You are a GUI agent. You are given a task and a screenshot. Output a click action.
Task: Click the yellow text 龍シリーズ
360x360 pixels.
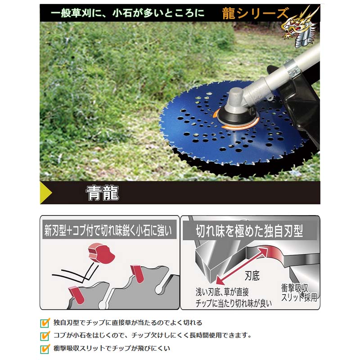click(x=255, y=13)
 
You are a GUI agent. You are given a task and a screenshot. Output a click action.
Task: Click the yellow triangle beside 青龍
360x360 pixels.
click(x=46, y=193)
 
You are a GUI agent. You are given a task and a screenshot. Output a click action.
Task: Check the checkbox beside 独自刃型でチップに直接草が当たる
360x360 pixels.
click(x=45, y=322)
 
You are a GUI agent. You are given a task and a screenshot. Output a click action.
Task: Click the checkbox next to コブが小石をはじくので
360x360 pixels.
click(x=45, y=335)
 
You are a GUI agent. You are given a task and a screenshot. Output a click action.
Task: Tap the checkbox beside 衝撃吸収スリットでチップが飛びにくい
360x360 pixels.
click(x=45, y=348)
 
